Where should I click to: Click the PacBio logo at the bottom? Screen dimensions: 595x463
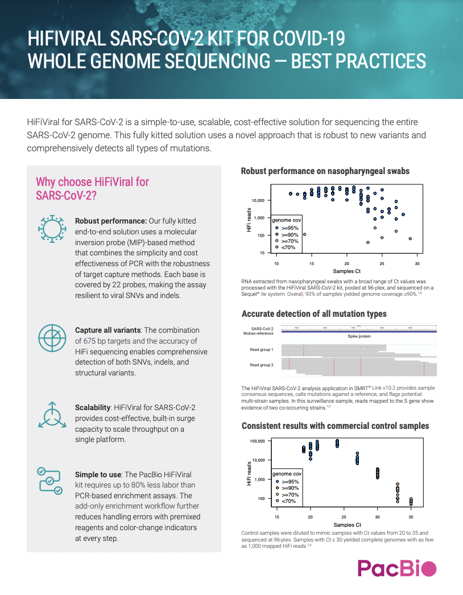[397, 568]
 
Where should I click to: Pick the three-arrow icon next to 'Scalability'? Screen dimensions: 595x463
[51, 415]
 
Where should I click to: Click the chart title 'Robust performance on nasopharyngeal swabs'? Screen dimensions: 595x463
[325, 171]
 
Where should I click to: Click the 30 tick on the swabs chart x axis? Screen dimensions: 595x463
[417, 264]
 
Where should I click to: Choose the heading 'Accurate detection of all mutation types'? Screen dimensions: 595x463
[314, 314]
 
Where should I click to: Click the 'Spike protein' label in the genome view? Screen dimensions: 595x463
[359, 337]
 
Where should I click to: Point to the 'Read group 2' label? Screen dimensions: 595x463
[262, 365]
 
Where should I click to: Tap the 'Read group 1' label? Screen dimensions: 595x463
[262, 349]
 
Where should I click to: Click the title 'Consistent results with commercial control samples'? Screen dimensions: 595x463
[335, 425]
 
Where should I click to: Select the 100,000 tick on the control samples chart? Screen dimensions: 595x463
[259, 441]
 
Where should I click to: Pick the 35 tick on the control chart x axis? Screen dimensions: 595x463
[411, 517]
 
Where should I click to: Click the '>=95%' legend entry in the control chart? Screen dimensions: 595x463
[290, 481]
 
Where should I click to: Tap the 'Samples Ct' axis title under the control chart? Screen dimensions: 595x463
[347, 524]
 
